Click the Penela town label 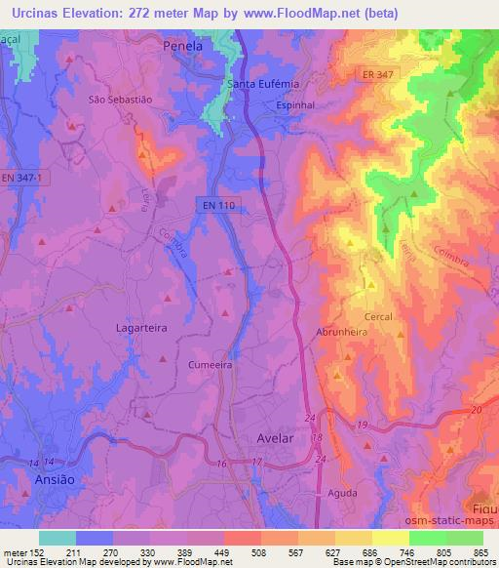click(184, 46)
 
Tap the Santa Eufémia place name click(263, 85)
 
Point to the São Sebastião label click(120, 100)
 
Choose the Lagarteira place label click(142, 329)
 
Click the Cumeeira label click(210, 363)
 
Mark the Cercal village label click(378, 317)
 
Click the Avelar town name click(274, 438)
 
